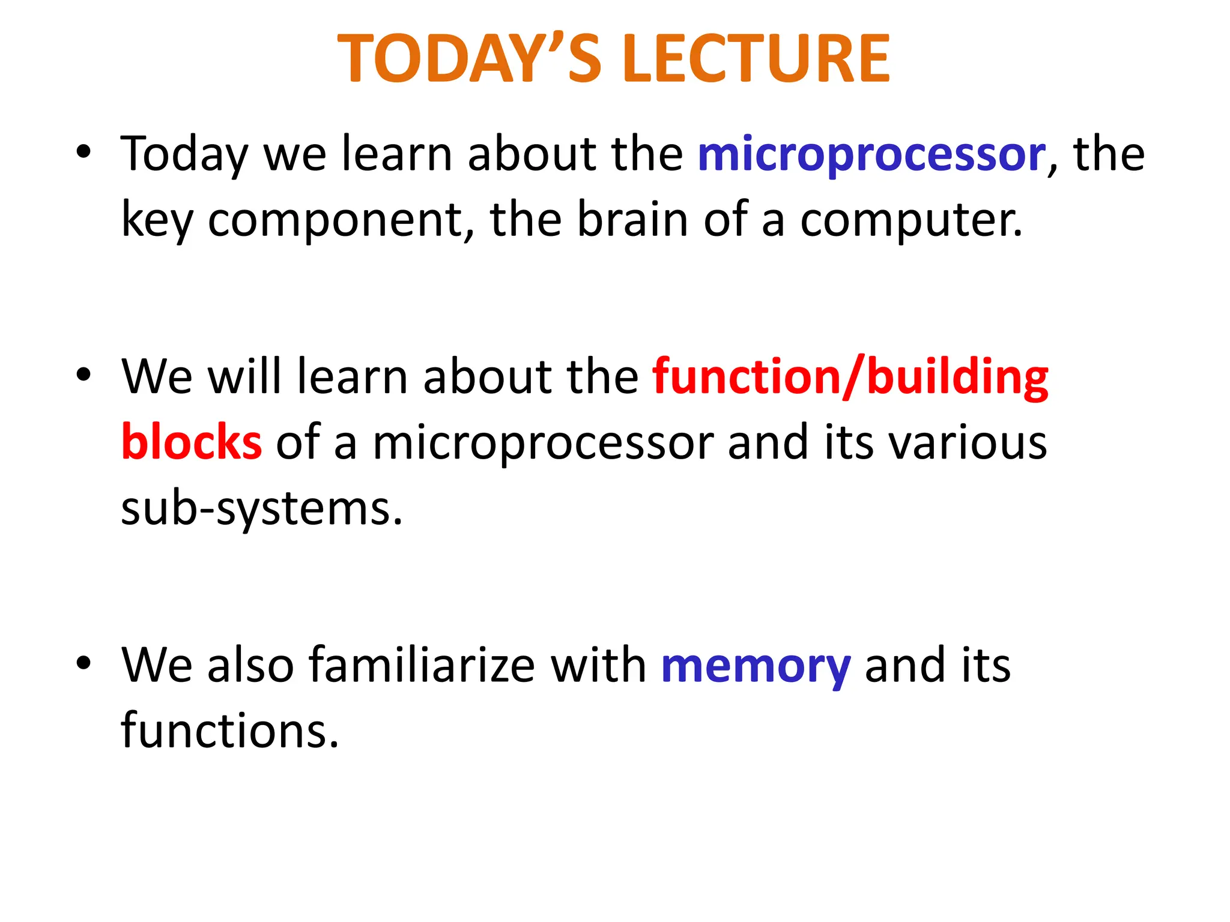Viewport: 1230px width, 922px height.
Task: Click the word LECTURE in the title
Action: pos(757,59)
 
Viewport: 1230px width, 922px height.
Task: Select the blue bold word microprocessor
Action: pos(871,155)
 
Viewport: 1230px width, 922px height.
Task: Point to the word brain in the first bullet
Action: pos(632,220)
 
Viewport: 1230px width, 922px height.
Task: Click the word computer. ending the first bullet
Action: pos(911,221)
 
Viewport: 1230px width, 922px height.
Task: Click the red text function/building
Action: pos(850,377)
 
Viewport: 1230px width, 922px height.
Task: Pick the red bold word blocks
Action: pos(192,442)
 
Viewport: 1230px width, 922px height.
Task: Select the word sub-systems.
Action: pos(261,509)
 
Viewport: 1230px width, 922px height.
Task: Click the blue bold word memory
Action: pos(756,666)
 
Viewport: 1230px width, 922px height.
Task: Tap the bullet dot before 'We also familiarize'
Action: pos(83,663)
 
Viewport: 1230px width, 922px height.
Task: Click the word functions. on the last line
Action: pos(230,731)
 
